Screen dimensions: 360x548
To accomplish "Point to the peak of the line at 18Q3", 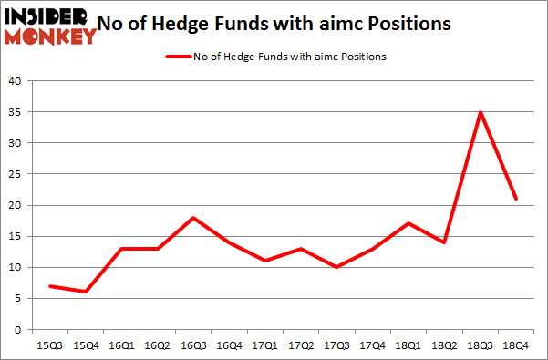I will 480,112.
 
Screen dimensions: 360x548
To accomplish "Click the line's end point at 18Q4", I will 515,199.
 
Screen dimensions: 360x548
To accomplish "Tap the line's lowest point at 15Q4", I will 86,292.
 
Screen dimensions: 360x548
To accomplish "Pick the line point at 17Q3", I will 336,267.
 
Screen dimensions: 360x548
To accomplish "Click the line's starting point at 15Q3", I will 50,286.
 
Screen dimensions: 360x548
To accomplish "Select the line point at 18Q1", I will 408,223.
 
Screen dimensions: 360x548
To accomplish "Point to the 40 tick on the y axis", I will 15,81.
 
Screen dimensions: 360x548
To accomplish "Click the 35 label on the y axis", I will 15,112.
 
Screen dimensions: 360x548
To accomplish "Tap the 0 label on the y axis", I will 18,329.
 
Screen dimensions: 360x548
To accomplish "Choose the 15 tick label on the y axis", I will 15,236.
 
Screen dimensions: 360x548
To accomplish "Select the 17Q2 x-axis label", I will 300,345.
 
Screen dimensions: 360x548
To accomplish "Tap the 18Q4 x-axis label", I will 515,345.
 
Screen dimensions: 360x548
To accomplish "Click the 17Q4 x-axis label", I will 372,345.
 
